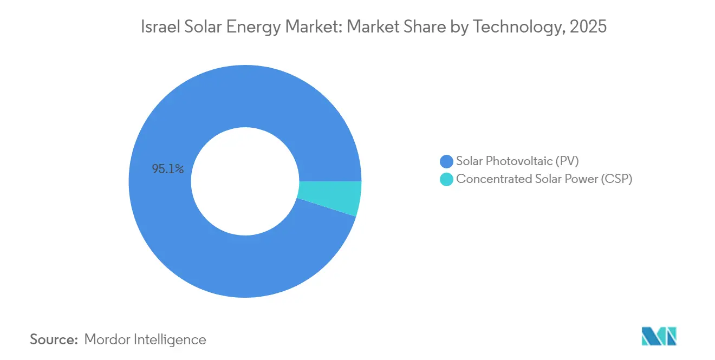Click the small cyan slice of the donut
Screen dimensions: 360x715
pyautogui.click(x=329, y=198)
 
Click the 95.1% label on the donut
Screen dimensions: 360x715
pyautogui.click(x=168, y=169)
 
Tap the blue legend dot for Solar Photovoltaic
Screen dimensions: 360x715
pyautogui.click(x=446, y=161)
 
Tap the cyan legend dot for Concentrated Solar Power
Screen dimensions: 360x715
pyautogui.click(x=446, y=179)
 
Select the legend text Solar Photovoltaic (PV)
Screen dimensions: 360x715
pyautogui.click(x=517, y=161)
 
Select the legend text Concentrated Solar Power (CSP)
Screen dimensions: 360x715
pyautogui.click(x=544, y=179)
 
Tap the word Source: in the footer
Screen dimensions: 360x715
pyautogui.click(x=54, y=339)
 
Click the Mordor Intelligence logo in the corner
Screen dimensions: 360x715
pyautogui.click(x=659, y=336)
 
